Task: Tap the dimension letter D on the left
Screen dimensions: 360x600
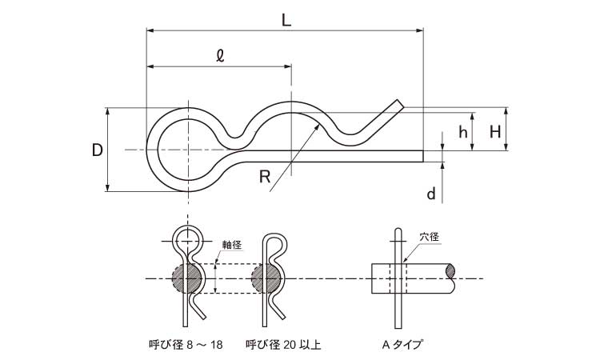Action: coord(96,150)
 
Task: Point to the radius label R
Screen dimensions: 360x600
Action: coord(265,177)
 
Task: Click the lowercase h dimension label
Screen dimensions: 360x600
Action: coord(462,133)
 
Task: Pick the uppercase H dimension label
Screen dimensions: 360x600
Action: coord(495,133)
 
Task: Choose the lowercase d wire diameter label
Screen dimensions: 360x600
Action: coord(431,194)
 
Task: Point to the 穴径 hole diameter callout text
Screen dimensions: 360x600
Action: coord(430,238)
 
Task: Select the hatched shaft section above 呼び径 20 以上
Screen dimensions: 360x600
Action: coord(266,278)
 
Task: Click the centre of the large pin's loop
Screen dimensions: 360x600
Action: coord(187,150)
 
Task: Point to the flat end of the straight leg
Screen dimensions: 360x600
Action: coord(422,155)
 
